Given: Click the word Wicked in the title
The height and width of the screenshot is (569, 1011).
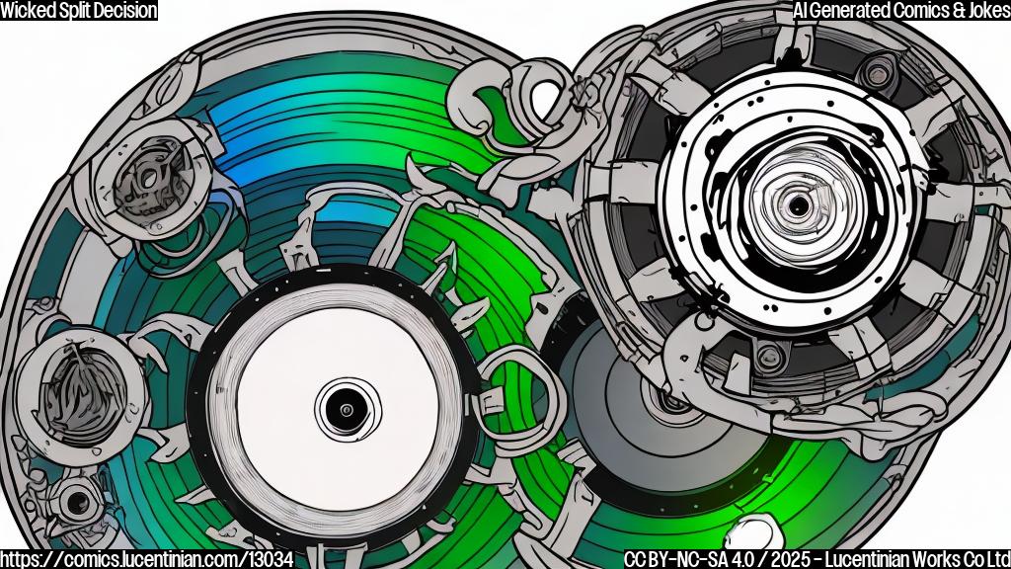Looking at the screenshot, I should (x=29, y=11).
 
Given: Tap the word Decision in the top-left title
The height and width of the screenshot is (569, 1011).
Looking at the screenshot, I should (x=122, y=11).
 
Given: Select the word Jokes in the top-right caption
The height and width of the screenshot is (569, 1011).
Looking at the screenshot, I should (x=980, y=11).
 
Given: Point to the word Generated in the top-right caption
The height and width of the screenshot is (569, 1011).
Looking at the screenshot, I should (x=854, y=11).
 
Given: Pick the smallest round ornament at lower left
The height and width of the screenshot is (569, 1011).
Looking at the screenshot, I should (x=74, y=503).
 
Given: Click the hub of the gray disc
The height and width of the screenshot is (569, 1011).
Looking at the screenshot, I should (x=671, y=401).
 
